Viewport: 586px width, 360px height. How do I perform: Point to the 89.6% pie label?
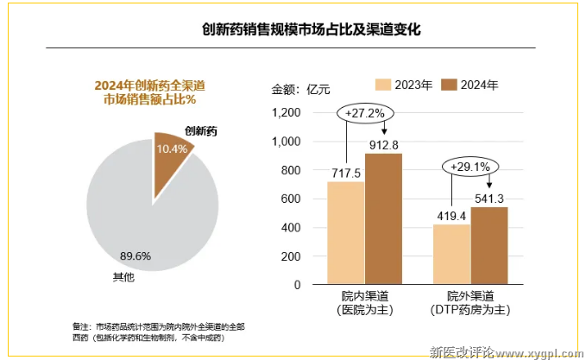[x=135, y=256]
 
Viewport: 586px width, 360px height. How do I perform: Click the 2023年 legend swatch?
[x=383, y=84]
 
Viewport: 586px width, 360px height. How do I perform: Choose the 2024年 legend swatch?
[x=449, y=84]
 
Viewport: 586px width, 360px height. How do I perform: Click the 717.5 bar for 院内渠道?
[x=345, y=232]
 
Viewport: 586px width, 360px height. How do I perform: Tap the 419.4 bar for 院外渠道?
[x=451, y=254]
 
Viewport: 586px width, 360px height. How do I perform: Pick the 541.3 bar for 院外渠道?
[x=489, y=245]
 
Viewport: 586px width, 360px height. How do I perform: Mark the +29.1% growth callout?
[x=470, y=166]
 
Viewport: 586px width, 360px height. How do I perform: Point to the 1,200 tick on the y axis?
[x=285, y=112]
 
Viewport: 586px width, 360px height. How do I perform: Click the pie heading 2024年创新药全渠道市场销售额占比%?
[x=149, y=92]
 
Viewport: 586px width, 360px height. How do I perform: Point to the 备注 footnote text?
[x=160, y=332]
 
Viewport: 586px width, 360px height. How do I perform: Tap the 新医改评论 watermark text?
[x=461, y=351]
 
